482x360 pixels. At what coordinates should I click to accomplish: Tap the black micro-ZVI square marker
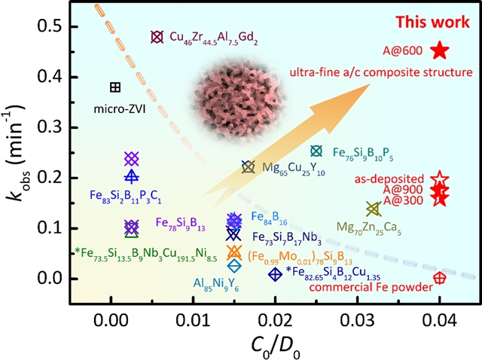click(x=115, y=87)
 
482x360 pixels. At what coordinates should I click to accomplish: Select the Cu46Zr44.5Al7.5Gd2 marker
click(x=157, y=37)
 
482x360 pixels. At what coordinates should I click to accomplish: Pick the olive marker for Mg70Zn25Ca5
click(x=372, y=209)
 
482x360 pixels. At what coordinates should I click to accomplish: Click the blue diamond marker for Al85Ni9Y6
click(x=234, y=265)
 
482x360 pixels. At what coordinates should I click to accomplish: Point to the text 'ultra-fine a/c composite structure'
click(x=368, y=72)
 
